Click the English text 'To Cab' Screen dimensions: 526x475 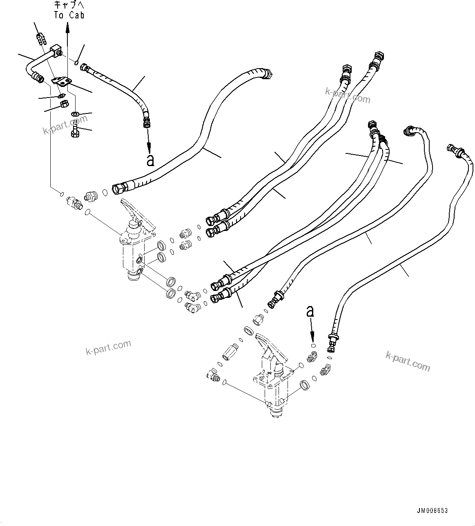[69, 15]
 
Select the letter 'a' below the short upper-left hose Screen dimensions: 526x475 [150, 160]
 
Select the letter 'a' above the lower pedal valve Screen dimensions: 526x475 [310, 312]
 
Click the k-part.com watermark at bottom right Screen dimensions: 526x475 [408, 361]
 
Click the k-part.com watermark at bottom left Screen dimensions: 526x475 [108, 348]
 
